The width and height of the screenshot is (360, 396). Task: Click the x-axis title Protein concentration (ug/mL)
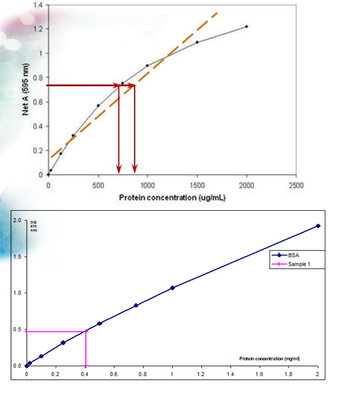(x=172, y=197)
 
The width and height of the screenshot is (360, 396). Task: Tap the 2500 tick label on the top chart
(x=296, y=185)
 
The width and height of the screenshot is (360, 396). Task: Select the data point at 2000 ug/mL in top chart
(x=247, y=26)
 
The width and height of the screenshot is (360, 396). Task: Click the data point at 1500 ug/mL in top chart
(x=197, y=42)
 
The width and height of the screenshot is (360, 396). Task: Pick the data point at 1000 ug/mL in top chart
(x=148, y=65)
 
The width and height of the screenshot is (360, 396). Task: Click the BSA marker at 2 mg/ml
(x=318, y=226)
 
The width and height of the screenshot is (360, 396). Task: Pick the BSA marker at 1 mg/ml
(x=172, y=288)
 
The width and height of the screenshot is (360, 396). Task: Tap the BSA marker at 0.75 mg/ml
(x=136, y=305)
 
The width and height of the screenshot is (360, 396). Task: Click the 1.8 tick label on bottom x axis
(x=288, y=374)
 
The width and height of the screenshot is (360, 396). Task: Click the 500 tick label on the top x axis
(x=98, y=185)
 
